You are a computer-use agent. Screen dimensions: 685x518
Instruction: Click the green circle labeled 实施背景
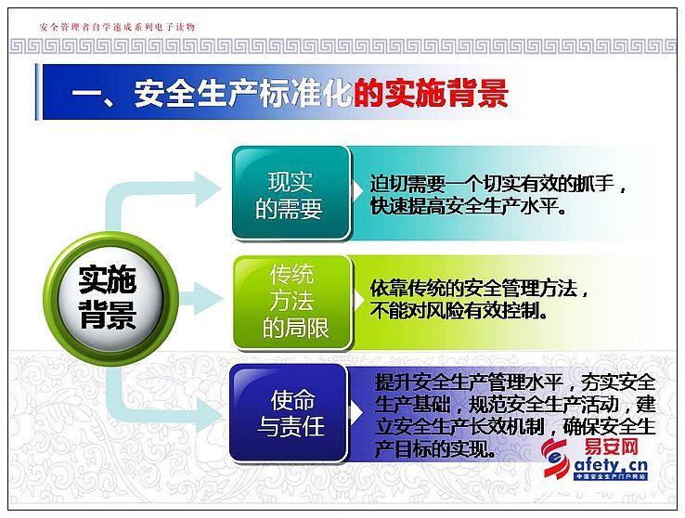[x=111, y=299]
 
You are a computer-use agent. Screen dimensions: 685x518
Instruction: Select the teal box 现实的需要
[x=291, y=193]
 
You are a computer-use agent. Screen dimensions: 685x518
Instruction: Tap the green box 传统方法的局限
[x=292, y=303]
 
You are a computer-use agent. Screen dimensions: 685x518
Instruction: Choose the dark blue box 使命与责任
[x=289, y=413]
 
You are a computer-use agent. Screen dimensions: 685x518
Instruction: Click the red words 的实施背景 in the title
[x=432, y=93]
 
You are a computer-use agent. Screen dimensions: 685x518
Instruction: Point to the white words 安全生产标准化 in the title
[x=242, y=93]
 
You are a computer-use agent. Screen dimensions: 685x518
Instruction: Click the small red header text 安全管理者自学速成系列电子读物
[x=117, y=27]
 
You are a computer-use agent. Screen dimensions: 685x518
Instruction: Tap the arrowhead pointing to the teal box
[x=208, y=189]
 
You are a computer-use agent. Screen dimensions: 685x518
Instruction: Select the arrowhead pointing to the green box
[x=208, y=299]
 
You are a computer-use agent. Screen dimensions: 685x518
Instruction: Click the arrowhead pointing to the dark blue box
[x=209, y=414]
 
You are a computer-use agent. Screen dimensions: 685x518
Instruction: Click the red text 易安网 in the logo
[x=611, y=447]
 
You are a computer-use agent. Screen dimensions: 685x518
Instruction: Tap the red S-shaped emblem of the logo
[x=556, y=458]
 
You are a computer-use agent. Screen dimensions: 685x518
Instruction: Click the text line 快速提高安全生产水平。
[x=469, y=206]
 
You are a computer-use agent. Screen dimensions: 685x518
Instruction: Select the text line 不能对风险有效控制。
[x=459, y=311]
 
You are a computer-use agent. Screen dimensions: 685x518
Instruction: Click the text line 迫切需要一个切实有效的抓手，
[x=498, y=184]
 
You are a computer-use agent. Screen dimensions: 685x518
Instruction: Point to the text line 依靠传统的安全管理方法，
[x=479, y=289]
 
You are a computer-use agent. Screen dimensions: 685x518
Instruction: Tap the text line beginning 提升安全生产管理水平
[x=515, y=382]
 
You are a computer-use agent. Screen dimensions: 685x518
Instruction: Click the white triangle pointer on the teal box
[x=357, y=191]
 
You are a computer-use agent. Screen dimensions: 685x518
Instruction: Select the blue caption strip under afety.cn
[x=611, y=476]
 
